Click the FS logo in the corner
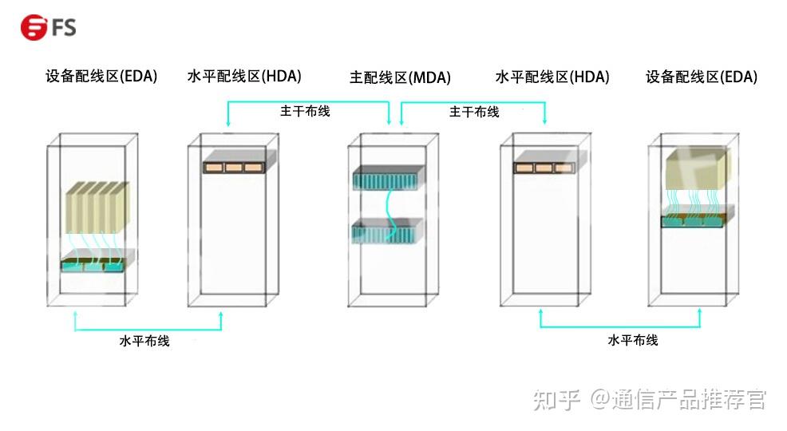48,28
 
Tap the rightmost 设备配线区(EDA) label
701,77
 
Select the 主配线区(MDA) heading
400,77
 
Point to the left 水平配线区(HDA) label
243,77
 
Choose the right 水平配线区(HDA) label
552,77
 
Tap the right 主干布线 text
474,112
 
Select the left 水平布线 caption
144,341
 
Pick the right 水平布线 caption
633,340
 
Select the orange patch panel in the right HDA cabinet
545,168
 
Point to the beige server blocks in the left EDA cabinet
96,206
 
